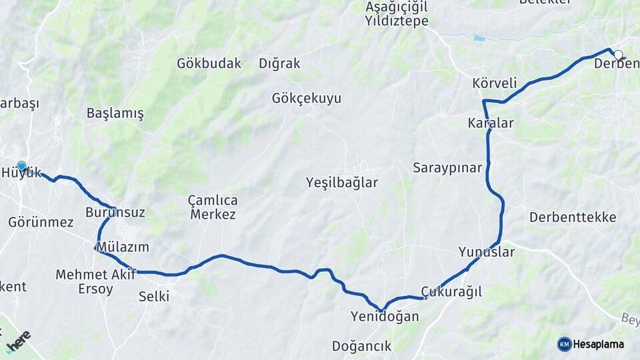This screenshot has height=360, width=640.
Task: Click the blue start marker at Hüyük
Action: [x=21, y=166]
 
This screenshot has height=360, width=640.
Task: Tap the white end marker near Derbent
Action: [x=618, y=55]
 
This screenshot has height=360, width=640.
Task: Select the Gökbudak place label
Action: [x=209, y=64]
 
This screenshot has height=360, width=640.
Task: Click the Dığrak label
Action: [x=279, y=64]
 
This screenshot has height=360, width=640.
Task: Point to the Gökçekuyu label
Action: [x=306, y=99]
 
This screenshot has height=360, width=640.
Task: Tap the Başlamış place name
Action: [x=115, y=113]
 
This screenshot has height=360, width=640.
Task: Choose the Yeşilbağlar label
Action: [x=341, y=183]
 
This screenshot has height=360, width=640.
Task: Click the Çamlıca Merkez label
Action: [x=213, y=207]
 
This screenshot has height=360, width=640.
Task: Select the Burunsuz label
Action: [x=115, y=213]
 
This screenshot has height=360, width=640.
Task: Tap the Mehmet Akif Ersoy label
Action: [x=96, y=281]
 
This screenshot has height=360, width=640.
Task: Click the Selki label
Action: [x=153, y=296]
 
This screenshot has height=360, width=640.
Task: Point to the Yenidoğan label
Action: [x=385, y=317]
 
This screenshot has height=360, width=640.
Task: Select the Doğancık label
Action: [x=361, y=346]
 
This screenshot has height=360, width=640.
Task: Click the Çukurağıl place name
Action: [x=451, y=292]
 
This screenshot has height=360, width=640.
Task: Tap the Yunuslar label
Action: [x=487, y=252]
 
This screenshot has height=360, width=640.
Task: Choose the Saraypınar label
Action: [x=447, y=168]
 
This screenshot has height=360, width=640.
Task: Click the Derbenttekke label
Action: [x=573, y=217]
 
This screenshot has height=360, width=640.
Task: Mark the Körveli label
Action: [x=494, y=84]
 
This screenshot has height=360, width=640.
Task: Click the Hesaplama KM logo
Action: [x=591, y=344]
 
